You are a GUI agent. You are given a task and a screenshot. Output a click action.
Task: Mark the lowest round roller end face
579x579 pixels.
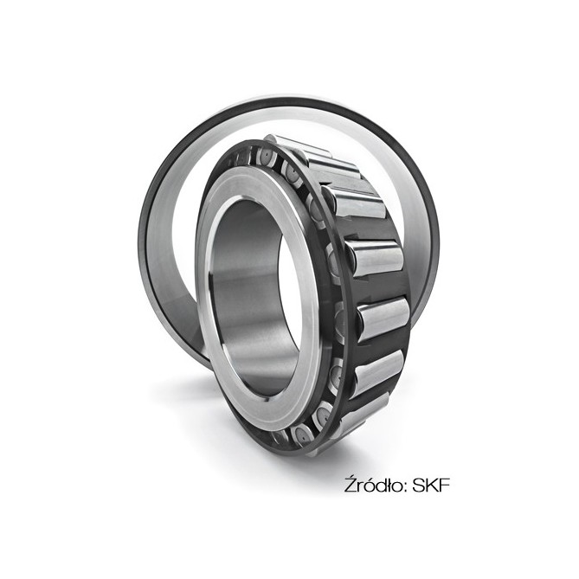(303, 434)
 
